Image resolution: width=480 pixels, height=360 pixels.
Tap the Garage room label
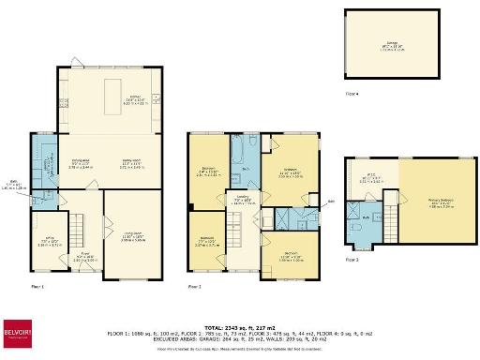click(391, 44)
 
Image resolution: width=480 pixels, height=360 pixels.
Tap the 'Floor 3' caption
click(352, 259)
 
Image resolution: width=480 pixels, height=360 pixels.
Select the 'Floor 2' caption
click(194, 286)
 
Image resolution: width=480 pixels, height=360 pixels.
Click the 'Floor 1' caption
click(37, 286)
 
